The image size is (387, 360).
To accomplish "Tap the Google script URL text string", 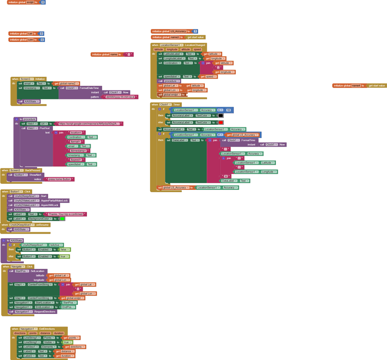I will coord(89,124).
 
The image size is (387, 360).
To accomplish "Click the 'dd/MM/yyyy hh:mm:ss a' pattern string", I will coord(120,97).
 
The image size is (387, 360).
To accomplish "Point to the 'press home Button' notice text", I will coord(60,179).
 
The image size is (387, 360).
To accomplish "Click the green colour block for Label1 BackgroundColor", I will coord(62,219).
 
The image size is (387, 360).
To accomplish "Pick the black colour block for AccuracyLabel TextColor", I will coord(221,115).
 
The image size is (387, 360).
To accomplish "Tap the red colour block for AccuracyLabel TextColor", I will coord(221,123).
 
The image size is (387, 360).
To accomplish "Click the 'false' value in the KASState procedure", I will coord(65,250).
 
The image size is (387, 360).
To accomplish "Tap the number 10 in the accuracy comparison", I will coord(228,110).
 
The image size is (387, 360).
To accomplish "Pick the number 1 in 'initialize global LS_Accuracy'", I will coord(195,31).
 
